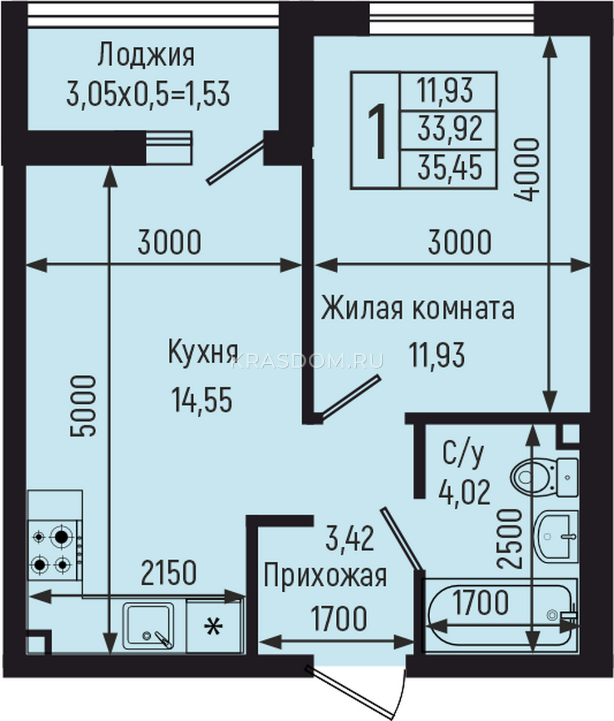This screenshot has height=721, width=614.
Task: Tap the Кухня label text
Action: click(x=203, y=352)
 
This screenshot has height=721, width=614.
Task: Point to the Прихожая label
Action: click(x=325, y=577)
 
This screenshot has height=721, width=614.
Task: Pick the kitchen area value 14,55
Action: click(x=202, y=400)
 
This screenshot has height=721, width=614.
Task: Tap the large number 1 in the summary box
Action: click(x=377, y=132)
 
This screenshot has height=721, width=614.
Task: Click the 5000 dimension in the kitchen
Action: click(x=83, y=406)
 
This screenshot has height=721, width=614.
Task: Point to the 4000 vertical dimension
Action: click(x=527, y=170)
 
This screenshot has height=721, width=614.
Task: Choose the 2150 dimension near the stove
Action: click(x=168, y=573)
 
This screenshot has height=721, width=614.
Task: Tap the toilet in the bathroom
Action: click(x=544, y=478)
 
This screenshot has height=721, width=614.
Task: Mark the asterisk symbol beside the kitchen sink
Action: click(x=213, y=627)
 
